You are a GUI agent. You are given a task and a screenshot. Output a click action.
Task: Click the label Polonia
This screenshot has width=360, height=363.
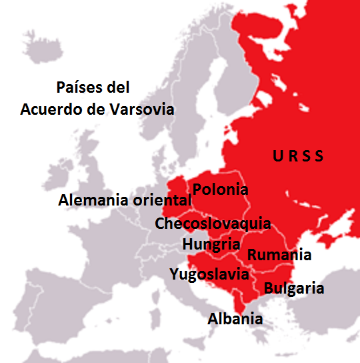pos(220,190)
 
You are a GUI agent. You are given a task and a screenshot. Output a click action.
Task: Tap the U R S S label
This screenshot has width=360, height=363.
pos(298,157)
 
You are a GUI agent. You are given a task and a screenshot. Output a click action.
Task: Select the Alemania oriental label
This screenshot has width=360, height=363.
pos(125,200)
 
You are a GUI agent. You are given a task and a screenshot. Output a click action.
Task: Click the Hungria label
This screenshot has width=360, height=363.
pos(211,244)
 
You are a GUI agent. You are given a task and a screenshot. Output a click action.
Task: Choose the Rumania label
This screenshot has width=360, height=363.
pos(279,254)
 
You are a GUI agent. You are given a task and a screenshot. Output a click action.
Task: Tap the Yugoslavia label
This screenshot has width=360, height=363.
pos(209,274)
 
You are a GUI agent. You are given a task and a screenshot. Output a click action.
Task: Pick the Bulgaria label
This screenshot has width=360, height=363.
pos(294,288)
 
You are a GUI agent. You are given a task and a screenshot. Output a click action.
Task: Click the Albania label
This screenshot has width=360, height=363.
pos(235,318)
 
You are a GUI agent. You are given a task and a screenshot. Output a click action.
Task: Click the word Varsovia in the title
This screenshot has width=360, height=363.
pos(143,109)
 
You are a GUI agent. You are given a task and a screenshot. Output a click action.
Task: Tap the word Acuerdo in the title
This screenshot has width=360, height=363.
pos(51,109)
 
